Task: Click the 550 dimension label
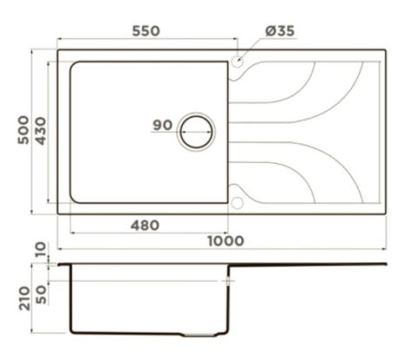pyautogui.click(x=146, y=31)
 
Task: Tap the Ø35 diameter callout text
pyautogui.click(x=280, y=31)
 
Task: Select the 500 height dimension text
pyautogui.click(x=24, y=130)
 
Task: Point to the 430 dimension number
pyautogui.click(x=41, y=131)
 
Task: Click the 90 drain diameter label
pyautogui.click(x=163, y=125)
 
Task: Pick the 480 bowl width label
pyautogui.click(x=145, y=225)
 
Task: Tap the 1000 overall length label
pyautogui.click(x=226, y=241)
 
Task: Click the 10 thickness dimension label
pyautogui.click(x=41, y=249)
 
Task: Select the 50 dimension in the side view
pyautogui.click(x=41, y=295)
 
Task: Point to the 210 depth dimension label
pyautogui.click(x=24, y=298)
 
